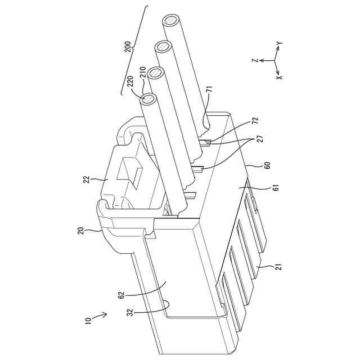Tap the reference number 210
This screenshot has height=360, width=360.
tap(144, 73)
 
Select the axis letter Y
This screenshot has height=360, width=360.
tap(280, 43)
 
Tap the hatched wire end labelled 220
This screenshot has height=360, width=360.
tap(150, 100)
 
